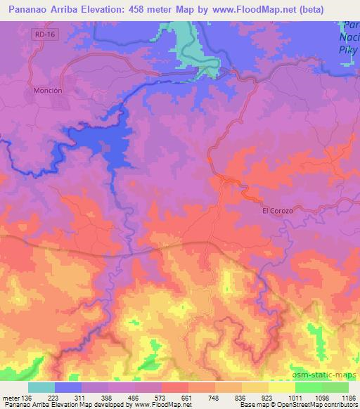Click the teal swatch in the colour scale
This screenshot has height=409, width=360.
[x=41, y=387]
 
